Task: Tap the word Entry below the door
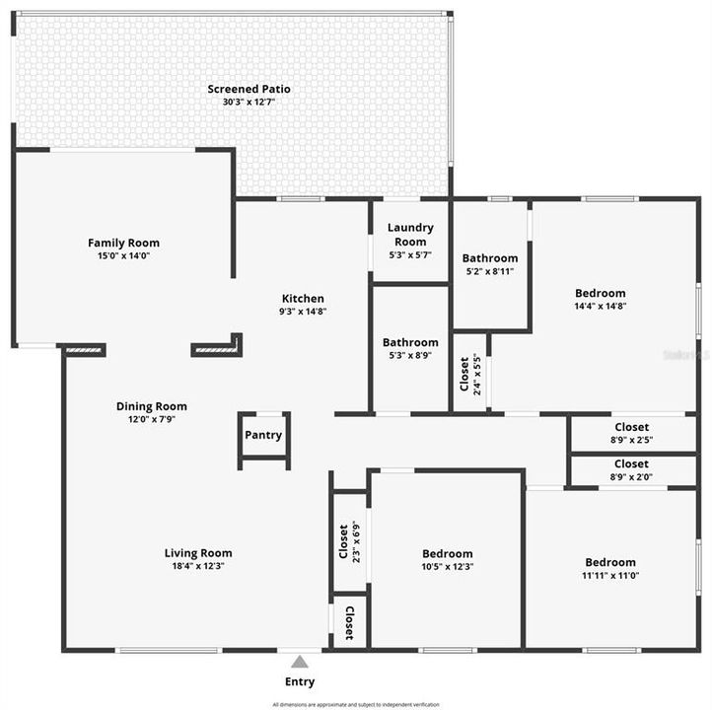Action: [300, 681]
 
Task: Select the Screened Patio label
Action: [249, 89]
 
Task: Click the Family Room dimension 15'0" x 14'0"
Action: [123, 255]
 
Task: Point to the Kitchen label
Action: [303, 299]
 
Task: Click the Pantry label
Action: [263, 435]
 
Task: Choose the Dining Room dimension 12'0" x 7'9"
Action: [151, 419]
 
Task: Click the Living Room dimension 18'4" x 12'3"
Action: [198, 566]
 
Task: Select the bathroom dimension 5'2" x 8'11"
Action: [490, 271]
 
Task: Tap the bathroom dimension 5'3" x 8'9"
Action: [410, 356]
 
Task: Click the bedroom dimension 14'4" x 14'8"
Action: [601, 306]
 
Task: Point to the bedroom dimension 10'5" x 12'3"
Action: [448, 567]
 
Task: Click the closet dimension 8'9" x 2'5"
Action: [631, 440]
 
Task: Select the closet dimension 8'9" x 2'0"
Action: [631, 476]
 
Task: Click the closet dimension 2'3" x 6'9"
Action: [356, 540]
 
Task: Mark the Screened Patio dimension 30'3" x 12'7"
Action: [249, 102]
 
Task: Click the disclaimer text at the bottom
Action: [355, 704]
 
